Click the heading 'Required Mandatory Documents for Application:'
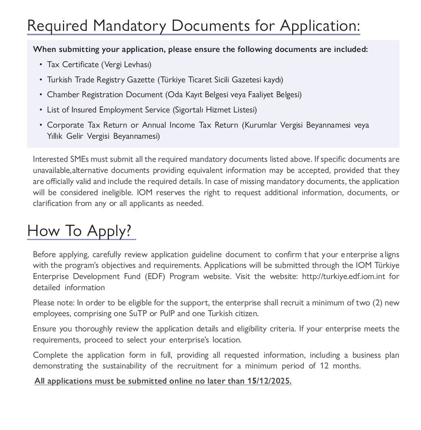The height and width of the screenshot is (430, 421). pos(193,26)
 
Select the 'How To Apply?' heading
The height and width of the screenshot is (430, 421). pos(79,231)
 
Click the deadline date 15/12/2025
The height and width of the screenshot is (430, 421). pos(270,381)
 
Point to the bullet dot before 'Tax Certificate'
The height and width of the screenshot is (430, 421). pos(40,65)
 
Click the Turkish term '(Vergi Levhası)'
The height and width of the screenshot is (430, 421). pos(126,65)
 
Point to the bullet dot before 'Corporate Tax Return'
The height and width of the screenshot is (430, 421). pos(40,125)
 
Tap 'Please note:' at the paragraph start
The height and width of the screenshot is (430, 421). pos(52,303)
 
